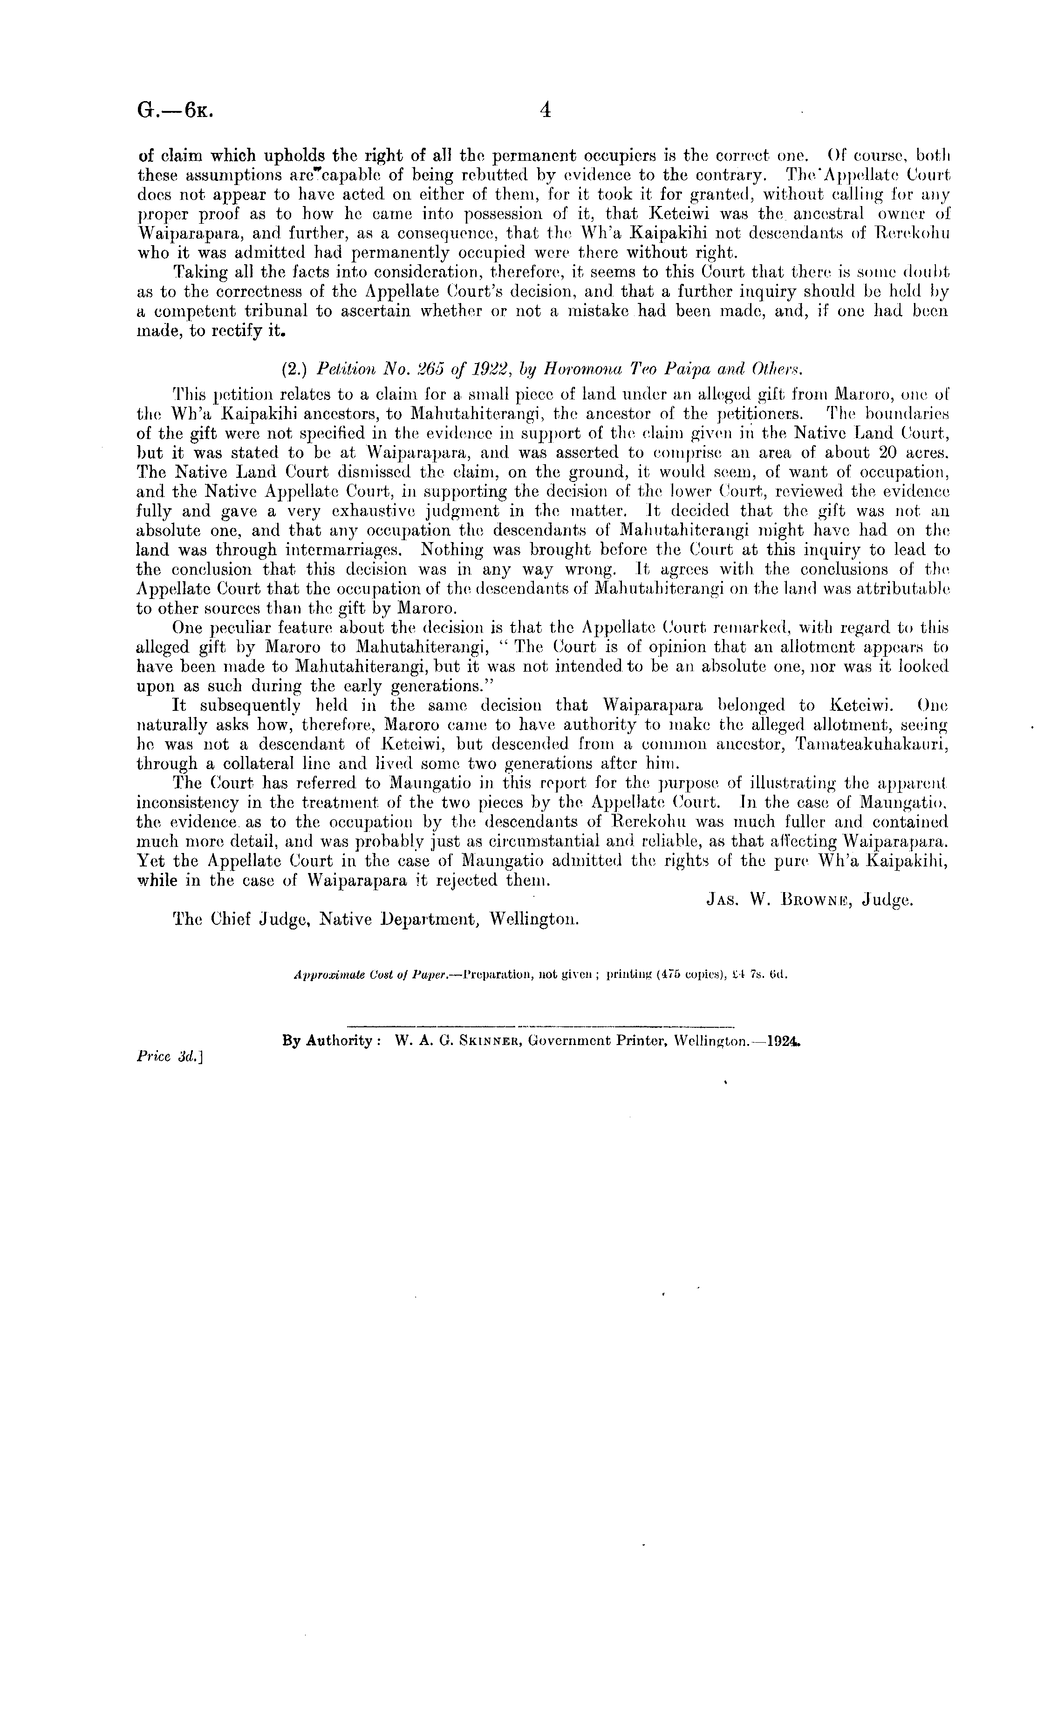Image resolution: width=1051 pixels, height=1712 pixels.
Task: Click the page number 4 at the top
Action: [x=545, y=110]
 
